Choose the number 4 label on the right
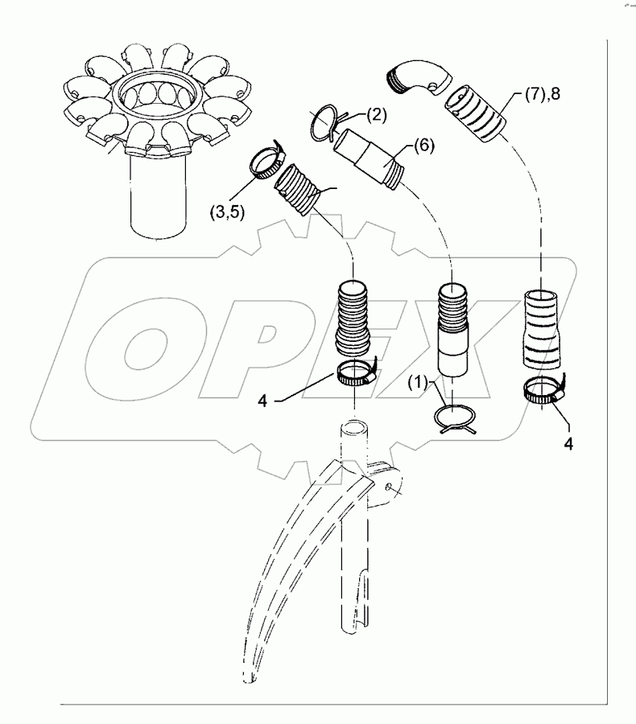(570, 442)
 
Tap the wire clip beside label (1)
(454, 418)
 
